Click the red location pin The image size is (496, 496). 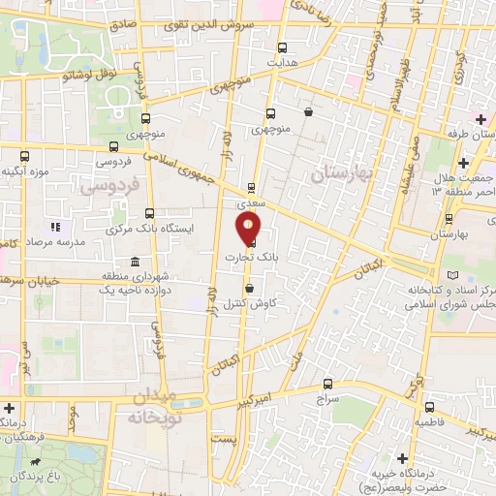[x=249, y=229]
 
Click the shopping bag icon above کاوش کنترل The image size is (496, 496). [x=250, y=287]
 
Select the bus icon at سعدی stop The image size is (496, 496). [x=251, y=189]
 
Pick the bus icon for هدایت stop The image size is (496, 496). [x=282, y=46]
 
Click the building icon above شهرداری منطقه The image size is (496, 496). [x=133, y=262]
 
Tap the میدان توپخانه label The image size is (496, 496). [x=146, y=407]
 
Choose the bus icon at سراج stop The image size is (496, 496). [x=326, y=383]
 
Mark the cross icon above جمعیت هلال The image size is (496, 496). [x=464, y=162]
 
